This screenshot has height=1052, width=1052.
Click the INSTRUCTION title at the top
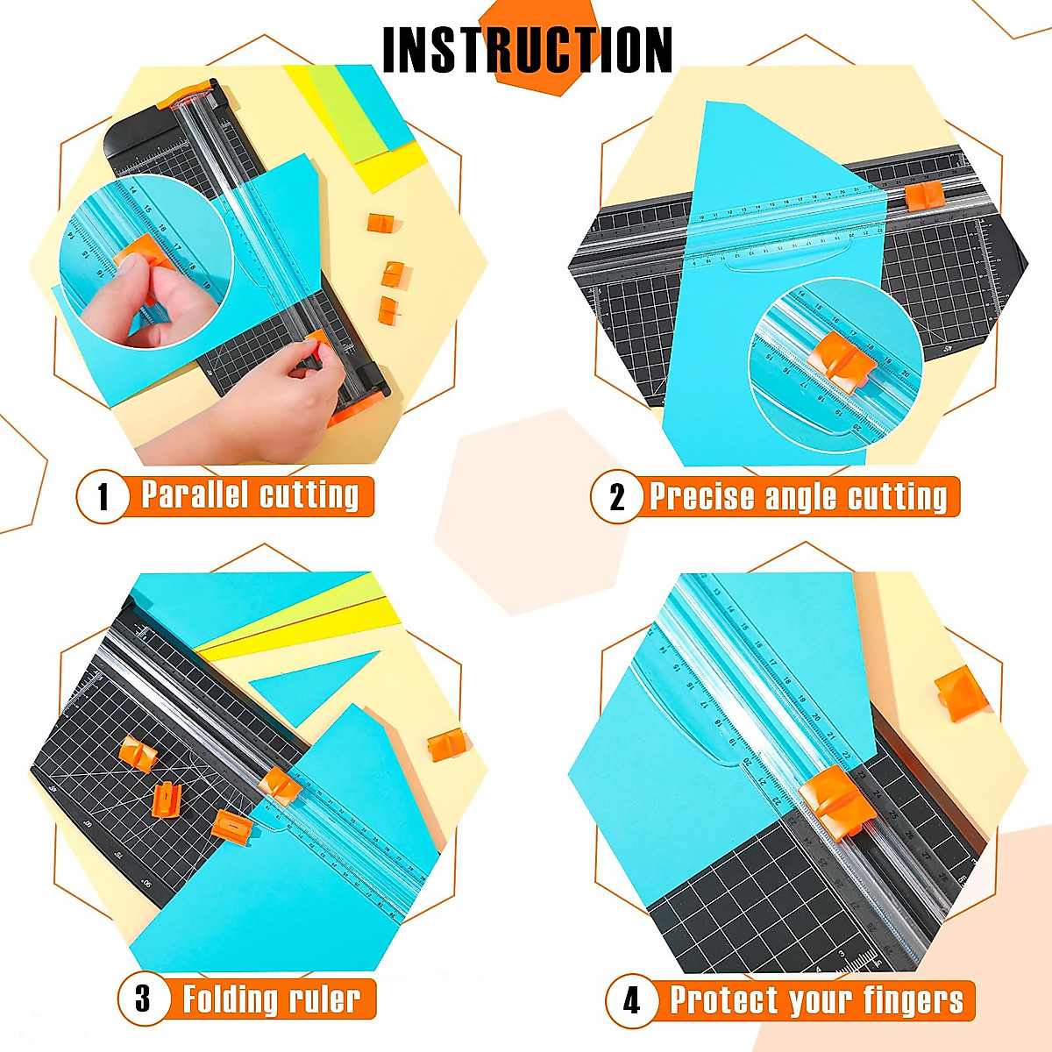pos(528,50)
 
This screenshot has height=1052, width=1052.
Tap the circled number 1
pos(103,497)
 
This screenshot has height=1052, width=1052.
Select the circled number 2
pos(617,497)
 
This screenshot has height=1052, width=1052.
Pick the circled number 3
pos(143,998)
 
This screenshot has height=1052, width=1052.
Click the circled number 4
pos(631,999)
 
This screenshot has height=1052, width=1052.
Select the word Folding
pos(230,999)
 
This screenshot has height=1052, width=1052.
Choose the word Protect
pos(724,999)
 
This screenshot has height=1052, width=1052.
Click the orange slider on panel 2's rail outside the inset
pos(924,195)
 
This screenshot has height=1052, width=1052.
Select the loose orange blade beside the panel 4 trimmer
pos(961,693)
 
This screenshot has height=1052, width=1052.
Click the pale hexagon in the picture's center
pos(530,513)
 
